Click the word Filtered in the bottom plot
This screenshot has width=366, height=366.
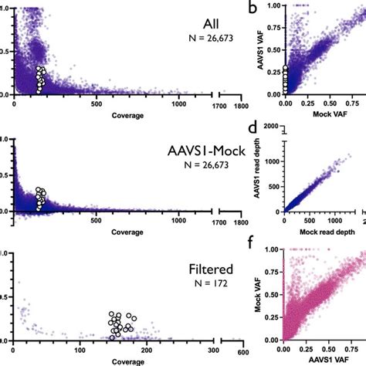click(185, 270)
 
